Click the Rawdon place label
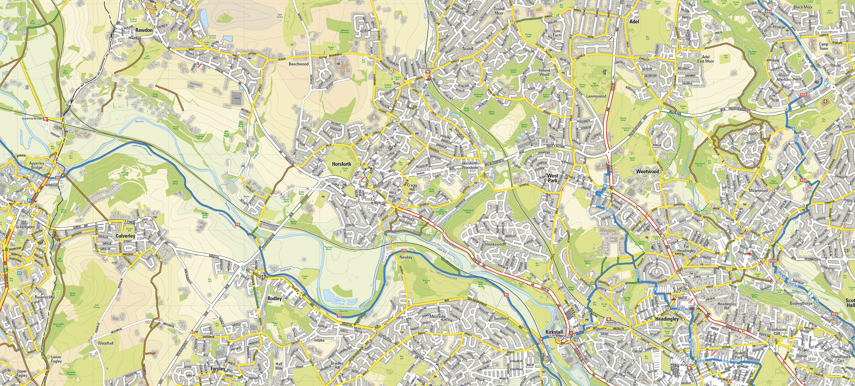coord(144,30)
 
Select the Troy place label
coord(397,83)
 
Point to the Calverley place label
coord(125,236)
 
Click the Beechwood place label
coord(298,64)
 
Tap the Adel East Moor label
coord(705,59)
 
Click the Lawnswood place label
coord(596,96)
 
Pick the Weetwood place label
coord(647,171)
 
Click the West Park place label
coord(553,178)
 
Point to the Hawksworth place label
coord(496,244)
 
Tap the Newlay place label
coord(406,257)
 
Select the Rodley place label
coord(274,298)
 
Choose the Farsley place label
coord(218,369)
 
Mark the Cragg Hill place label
coord(412,187)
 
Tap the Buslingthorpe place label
coord(801,303)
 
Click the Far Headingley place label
coord(686,249)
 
